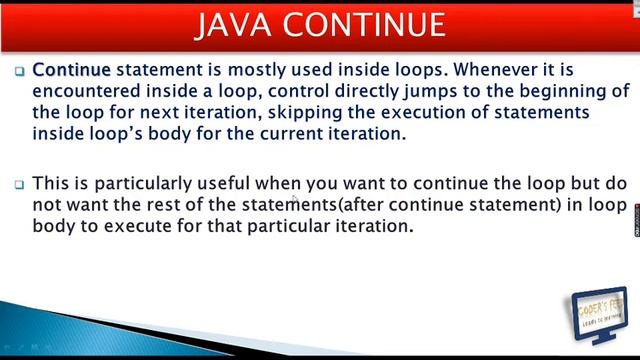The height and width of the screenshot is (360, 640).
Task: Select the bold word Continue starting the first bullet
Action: (71, 70)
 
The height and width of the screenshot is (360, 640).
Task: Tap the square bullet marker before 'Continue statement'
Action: (20, 71)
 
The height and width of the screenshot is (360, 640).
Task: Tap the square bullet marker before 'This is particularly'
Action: (20, 184)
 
